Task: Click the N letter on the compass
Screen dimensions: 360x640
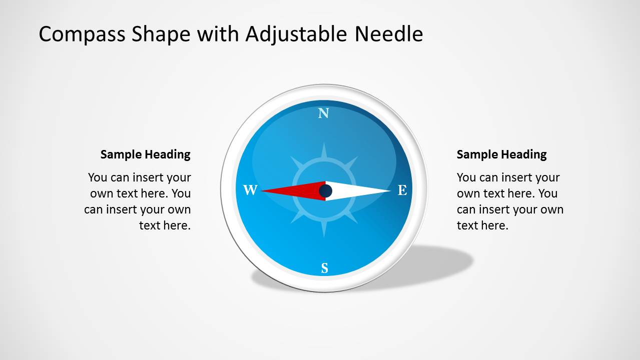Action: point(324,113)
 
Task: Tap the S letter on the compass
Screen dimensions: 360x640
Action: point(324,268)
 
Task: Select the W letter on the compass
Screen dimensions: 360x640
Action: point(250,190)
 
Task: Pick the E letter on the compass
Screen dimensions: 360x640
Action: point(402,190)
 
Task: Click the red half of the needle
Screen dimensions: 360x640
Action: point(295,190)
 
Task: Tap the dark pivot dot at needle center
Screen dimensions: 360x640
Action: point(326,190)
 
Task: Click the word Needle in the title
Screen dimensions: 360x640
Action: point(389,34)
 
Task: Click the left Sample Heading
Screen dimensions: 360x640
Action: point(145,154)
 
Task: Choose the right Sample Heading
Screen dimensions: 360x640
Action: point(501,154)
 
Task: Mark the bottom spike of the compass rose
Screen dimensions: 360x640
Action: point(324,230)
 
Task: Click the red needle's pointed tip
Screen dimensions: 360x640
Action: point(263,190)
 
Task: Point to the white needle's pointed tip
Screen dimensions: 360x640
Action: point(389,190)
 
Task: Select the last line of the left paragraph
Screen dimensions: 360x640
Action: point(165,225)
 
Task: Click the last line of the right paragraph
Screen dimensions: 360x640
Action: point(482,225)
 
